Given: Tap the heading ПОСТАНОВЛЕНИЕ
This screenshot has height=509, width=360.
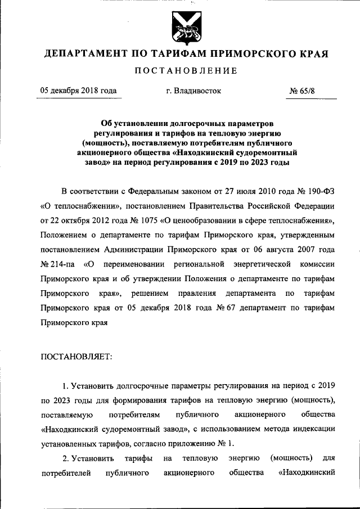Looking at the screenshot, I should click(185, 71).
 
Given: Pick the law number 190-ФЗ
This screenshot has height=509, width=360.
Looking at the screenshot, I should click(318, 191).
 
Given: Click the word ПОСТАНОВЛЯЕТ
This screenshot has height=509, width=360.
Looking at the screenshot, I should click(76, 355).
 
